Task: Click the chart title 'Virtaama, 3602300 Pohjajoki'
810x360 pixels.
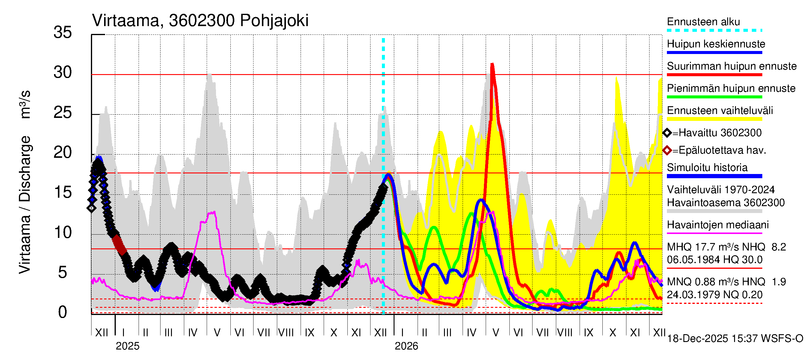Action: point(200,21)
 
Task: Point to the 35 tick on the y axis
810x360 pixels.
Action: point(63,32)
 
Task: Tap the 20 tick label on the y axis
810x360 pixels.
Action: point(63,153)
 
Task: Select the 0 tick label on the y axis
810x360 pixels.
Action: point(63,312)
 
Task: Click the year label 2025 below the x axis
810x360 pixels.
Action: point(127,346)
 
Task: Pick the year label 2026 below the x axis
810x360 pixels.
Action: point(406,346)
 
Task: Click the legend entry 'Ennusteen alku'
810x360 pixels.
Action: point(703,22)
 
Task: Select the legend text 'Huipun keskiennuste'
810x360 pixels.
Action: point(716,44)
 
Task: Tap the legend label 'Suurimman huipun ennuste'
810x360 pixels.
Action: point(731,66)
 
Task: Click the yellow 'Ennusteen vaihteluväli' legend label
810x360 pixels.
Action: point(719,111)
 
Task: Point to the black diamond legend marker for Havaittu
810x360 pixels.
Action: point(667,133)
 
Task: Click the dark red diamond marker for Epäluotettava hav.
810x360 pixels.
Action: point(667,150)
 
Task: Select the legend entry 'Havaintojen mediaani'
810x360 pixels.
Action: point(718,225)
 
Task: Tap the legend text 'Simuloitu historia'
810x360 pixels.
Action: point(707,168)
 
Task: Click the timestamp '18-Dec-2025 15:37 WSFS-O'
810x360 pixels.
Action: point(735,339)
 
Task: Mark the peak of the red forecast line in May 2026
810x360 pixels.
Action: point(492,64)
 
